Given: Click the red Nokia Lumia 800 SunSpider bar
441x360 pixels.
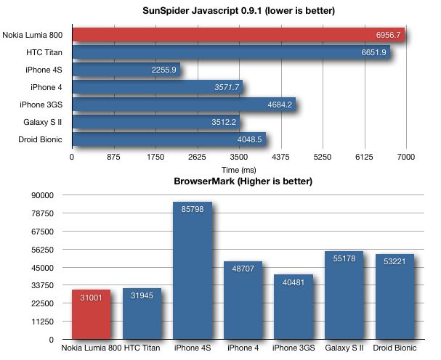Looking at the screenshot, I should coord(240,35).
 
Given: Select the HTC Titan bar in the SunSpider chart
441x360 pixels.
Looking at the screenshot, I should coord(231,52).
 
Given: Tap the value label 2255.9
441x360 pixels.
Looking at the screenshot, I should coord(162,70).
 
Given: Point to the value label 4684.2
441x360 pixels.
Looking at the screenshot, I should coord(279,105).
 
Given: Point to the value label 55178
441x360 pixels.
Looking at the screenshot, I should coord(344,258).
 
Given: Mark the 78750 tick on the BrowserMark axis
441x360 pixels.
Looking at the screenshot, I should coord(44,213).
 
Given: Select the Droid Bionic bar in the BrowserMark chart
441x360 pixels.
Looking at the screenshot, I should coord(395,298).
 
